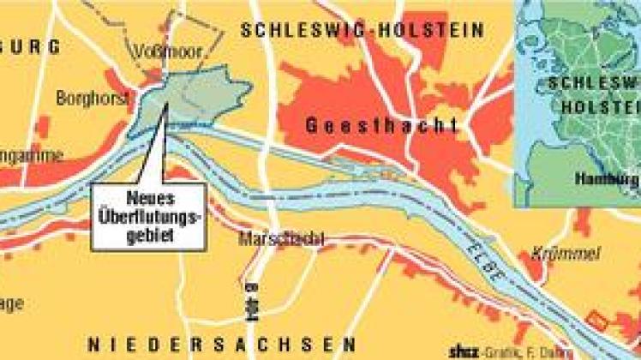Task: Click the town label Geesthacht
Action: point(382,126)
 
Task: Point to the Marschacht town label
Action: point(282,239)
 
